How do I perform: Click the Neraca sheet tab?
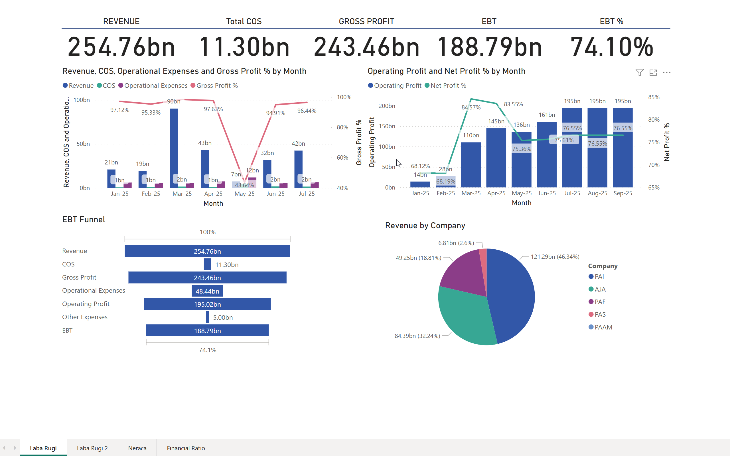[137, 448]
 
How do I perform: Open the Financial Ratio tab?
[186, 448]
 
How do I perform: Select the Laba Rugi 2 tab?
[92, 448]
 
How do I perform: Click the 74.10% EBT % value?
[611, 47]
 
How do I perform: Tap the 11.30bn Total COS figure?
[244, 47]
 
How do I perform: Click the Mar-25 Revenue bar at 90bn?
[174, 145]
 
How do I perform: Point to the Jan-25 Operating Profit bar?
[420, 184]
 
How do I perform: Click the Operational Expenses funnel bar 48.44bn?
[207, 291]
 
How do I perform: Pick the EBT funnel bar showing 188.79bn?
[207, 331]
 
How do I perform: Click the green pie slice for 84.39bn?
[465, 320]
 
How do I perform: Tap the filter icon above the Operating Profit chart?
[640, 72]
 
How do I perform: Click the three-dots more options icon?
[667, 72]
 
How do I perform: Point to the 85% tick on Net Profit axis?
[654, 97]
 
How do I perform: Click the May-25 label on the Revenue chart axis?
[244, 194]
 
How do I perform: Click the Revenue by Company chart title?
[425, 226]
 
